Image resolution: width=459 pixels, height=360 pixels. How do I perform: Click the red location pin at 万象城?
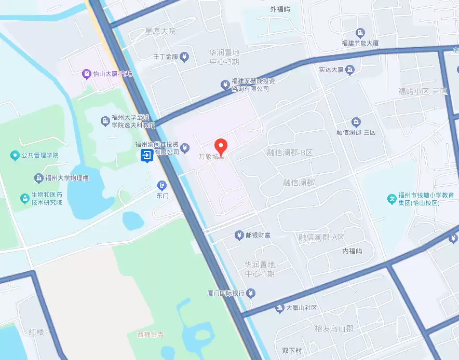pyautogui.click(x=221, y=147)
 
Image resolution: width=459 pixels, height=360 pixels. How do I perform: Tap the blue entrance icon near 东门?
pyautogui.click(x=147, y=155)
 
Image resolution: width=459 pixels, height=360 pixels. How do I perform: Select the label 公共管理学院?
pyautogui.click(x=40, y=155)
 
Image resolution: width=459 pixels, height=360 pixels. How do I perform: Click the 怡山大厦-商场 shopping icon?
pyautogui.click(x=86, y=74)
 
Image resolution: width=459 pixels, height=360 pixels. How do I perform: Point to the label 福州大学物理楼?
pyautogui.click(x=67, y=178)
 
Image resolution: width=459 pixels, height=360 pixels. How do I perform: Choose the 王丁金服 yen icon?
pyautogui.click(x=184, y=57)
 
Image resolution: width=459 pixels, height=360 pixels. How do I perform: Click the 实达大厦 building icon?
pyautogui.click(x=350, y=70)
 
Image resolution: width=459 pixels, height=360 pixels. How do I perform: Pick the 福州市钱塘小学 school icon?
pyautogui.click(x=392, y=198)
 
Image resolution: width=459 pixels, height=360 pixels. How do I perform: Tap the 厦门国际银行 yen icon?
pyautogui.click(x=251, y=294)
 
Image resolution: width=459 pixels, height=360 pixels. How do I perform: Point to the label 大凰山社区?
pyautogui.click(x=301, y=308)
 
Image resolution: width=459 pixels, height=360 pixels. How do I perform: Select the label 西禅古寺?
pyautogui.click(x=150, y=335)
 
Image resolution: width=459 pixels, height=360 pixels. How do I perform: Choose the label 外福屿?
pyautogui.click(x=280, y=9)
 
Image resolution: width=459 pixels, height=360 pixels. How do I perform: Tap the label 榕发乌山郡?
pyautogui.click(x=334, y=329)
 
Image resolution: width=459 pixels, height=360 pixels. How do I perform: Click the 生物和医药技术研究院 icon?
pyautogui.click(x=24, y=198)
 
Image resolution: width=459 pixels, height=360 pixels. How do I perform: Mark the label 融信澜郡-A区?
pyautogui.click(x=321, y=237)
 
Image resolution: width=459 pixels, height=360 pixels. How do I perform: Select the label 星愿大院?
pyautogui.click(x=160, y=32)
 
